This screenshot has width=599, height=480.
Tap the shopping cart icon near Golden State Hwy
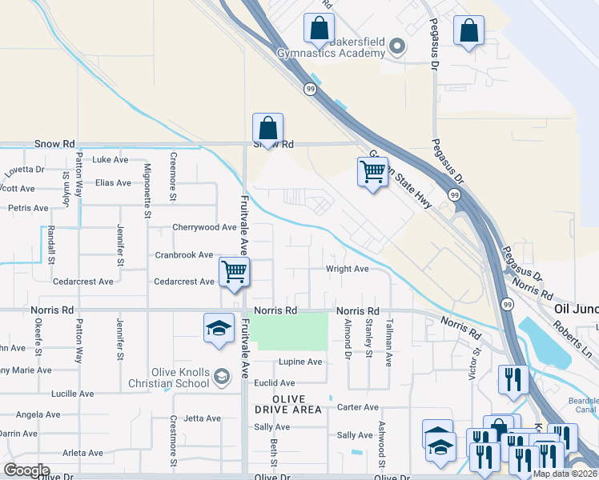pyautogui.click(x=372, y=172)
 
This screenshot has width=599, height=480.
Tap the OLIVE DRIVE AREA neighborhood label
pyautogui.click(x=287, y=404)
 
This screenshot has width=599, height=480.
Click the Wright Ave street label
pyautogui.click(x=347, y=269)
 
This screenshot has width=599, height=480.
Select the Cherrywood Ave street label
pyautogui.click(x=204, y=227)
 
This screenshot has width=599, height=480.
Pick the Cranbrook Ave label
pyautogui.click(x=183, y=254)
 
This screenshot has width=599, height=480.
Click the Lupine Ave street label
pyautogui.click(x=300, y=362)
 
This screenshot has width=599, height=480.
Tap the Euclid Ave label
pyautogui.click(x=275, y=383)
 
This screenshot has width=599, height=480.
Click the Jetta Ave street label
pyautogui.click(x=202, y=418)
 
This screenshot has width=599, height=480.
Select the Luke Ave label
pyautogui.click(x=111, y=159)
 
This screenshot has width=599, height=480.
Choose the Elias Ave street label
pyautogui.click(x=113, y=182)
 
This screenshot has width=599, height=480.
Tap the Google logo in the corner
pyautogui.click(x=26, y=470)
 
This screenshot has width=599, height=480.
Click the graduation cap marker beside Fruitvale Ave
pyautogui.click(x=218, y=329)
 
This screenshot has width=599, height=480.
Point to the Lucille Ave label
pyautogui.click(x=72, y=394)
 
